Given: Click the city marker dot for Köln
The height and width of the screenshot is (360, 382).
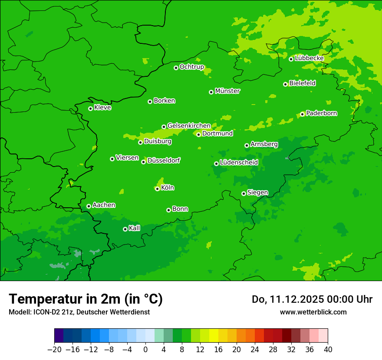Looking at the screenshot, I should pyautogui.click(x=157, y=189).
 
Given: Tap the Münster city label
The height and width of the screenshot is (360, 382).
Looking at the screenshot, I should pyautogui.click(x=227, y=91).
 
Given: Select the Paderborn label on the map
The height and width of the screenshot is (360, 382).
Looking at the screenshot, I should pyautogui.click(x=322, y=113).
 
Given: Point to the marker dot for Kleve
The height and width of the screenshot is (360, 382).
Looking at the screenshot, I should pyautogui.click(x=90, y=108).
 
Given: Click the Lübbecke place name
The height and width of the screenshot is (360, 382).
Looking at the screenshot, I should pyautogui.click(x=309, y=58).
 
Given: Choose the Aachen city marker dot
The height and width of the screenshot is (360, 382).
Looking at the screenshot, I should pyautogui.click(x=89, y=206).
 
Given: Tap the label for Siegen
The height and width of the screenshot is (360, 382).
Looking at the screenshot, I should pyautogui.click(x=257, y=193).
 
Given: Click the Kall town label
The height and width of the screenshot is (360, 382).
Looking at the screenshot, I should pyautogui.click(x=135, y=228).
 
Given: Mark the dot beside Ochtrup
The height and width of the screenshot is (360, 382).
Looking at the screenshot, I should pyautogui.click(x=176, y=68).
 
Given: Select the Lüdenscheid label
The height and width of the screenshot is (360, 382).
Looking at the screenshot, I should pyautogui.click(x=239, y=163).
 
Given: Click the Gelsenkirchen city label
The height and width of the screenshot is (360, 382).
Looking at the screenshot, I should pyautogui.click(x=189, y=126).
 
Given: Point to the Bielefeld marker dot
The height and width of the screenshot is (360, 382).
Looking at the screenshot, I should pyautogui.click(x=285, y=84).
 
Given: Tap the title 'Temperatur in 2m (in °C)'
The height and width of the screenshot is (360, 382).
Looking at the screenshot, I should pyautogui.click(x=86, y=299).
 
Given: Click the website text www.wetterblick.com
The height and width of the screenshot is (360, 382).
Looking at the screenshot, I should pyautogui.click(x=313, y=312).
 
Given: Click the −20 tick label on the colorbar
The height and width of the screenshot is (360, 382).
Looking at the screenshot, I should pyautogui.click(x=54, y=350).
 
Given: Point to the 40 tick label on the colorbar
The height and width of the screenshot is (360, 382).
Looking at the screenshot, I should pyautogui.click(x=328, y=350).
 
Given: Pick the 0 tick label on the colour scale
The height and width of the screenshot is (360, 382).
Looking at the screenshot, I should pyautogui.click(x=145, y=350).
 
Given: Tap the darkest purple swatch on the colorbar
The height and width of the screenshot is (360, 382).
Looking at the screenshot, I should pyautogui.click(x=59, y=336).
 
